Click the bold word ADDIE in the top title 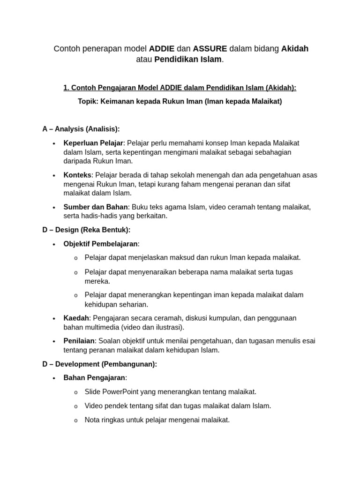point(162,49)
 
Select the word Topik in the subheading point(88,101)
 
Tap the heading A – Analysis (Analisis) point(81,129)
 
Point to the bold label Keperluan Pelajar point(93,143)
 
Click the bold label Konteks point(77,175)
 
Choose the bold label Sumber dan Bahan point(96,207)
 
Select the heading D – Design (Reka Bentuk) point(86,230)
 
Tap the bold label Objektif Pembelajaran point(100,244)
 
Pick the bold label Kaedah point(76,318)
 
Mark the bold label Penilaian point(79,341)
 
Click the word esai point(308,341)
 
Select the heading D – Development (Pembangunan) point(99,364)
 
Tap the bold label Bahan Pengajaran point(94,378)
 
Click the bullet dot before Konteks point(54,175)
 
